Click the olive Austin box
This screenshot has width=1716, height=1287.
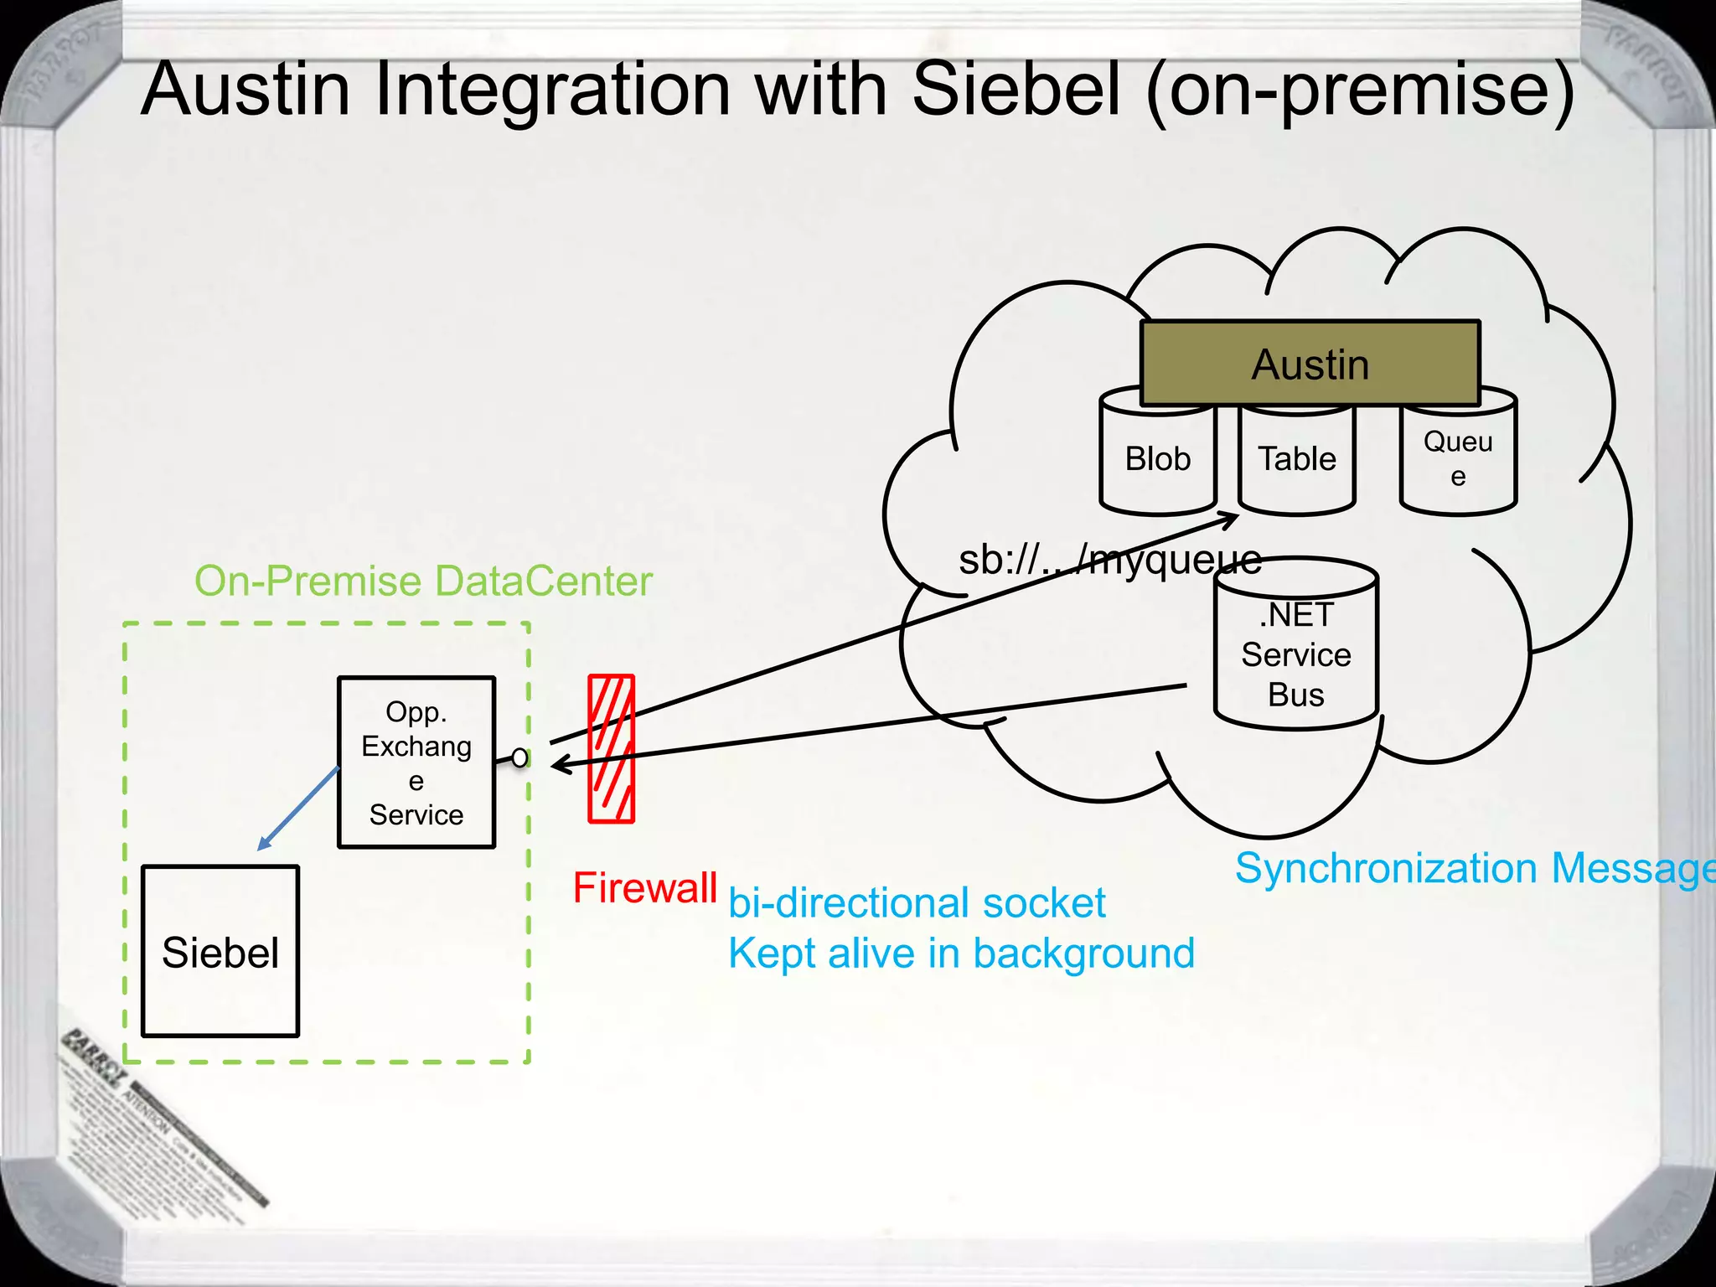click(x=1310, y=364)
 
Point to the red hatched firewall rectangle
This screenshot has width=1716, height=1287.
click(x=611, y=748)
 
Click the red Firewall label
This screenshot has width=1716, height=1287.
click(x=644, y=887)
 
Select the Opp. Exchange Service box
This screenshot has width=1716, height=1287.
click(x=416, y=762)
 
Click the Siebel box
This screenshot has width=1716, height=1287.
click(x=220, y=952)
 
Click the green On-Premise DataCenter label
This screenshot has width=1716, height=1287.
click(x=423, y=581)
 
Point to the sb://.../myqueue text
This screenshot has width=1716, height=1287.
click(x=1109, y=559)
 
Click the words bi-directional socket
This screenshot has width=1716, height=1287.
click(x=917, y=903)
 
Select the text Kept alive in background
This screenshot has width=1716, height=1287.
click(x=961, y=954)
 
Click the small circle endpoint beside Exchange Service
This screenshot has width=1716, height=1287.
click(x=520, y=757)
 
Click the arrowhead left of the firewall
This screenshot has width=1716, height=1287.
click(x=560, y=763)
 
